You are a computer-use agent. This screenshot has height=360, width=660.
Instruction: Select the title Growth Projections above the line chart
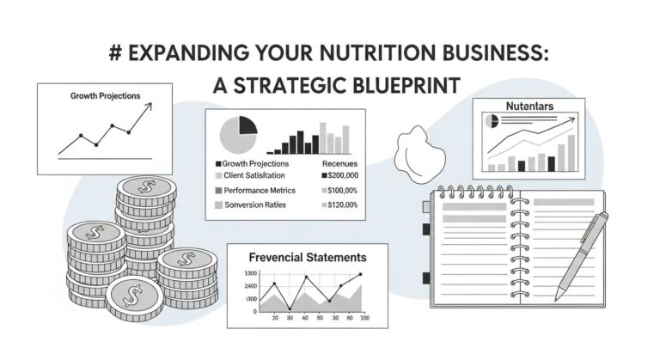pyautogui.click(x=106, y=95)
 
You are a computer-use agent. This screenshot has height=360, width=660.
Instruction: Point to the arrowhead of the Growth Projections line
pyautogui.click(x=150, y=105)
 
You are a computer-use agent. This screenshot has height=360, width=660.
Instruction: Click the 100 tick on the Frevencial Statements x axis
pyautogui.click(x=363, y=318)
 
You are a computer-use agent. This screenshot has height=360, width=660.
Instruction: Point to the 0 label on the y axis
pyautogui.click(x=254, y=311)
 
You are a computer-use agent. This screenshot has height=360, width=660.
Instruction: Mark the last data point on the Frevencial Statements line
pyautogui.click(x=359, y=275)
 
